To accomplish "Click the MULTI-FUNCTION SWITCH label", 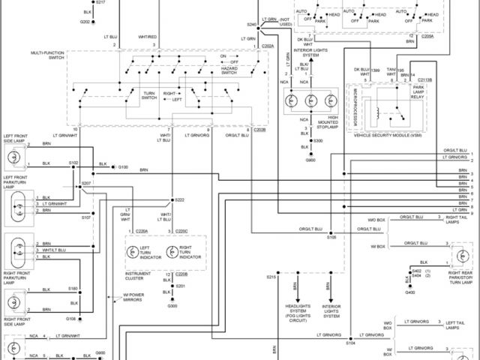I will click(x=47, y=55).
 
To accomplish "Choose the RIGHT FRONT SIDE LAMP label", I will click(x=15, y=321).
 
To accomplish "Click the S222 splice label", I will click(x=179, y=199).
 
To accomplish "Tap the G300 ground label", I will click(x=172, y=306).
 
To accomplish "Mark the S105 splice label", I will click(x=331, y=237).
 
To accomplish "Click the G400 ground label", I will click(x=409, y=292).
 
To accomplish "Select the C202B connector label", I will click(x=259, y=130).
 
